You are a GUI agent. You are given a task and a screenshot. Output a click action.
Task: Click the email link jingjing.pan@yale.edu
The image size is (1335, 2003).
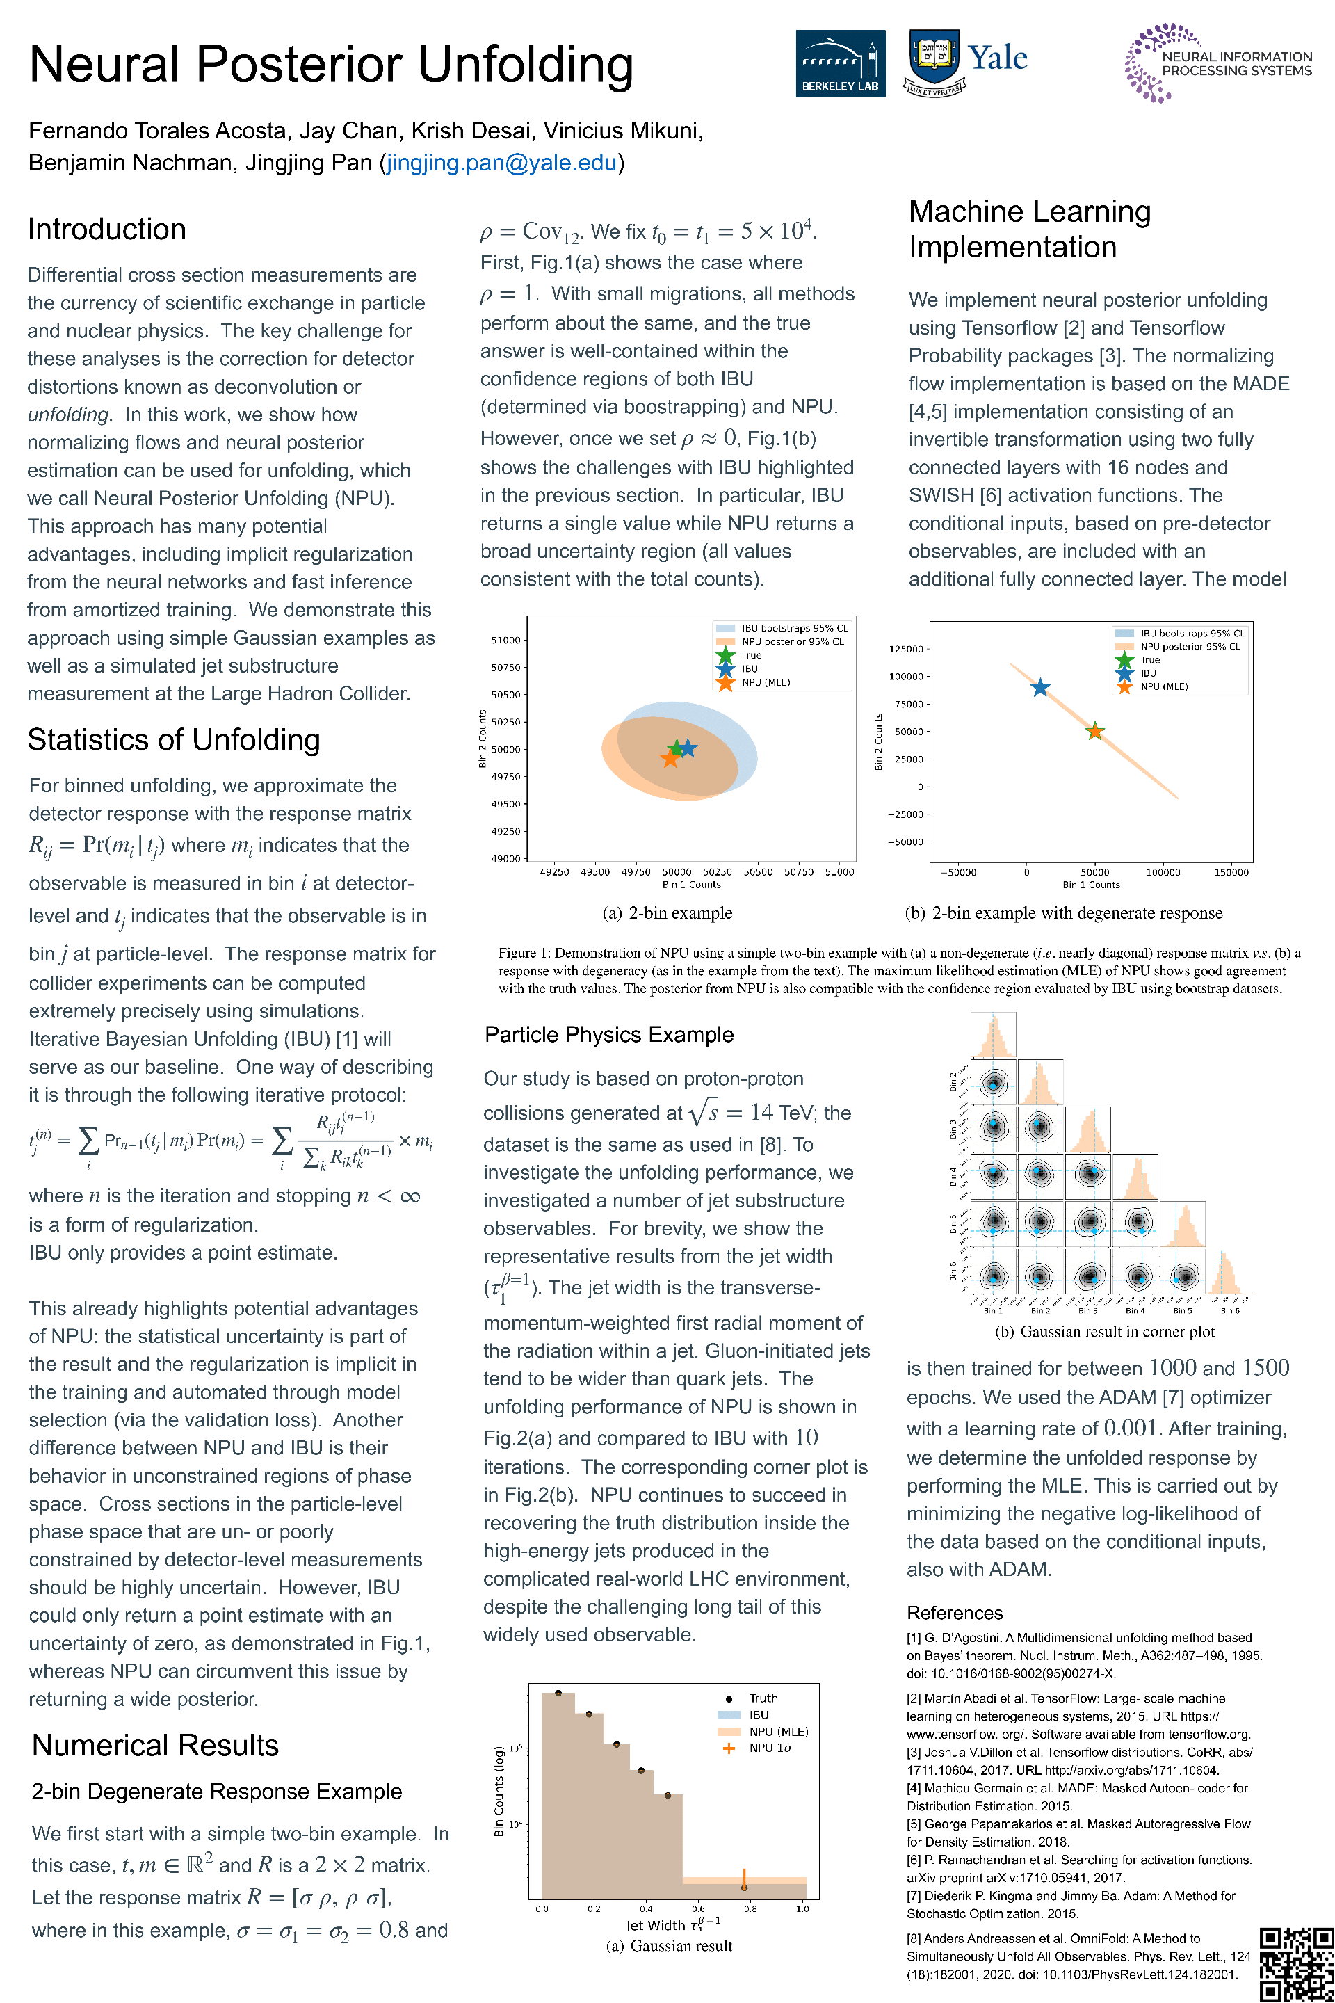point(501,163)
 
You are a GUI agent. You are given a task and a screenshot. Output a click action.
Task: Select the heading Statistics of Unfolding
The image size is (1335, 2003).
point(174,739)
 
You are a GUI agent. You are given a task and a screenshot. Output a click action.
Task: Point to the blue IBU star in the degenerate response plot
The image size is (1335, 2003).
point(1039,687)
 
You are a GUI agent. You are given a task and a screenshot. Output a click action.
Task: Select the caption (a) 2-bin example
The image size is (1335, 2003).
point(667,913)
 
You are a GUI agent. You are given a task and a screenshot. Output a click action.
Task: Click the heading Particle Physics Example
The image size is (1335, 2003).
point(609,1034)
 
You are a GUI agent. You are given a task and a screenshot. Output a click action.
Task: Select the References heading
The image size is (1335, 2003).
point(955,1612)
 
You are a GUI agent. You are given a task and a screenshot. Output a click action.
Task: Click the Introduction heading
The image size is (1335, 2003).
point(106,229)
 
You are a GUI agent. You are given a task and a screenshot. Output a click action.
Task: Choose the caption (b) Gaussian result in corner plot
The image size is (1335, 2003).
point(1104,1331)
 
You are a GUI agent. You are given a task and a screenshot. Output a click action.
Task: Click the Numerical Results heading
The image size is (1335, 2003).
point(155,1745)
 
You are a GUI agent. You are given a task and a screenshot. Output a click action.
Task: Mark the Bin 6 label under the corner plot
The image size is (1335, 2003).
point(1230,1310)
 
